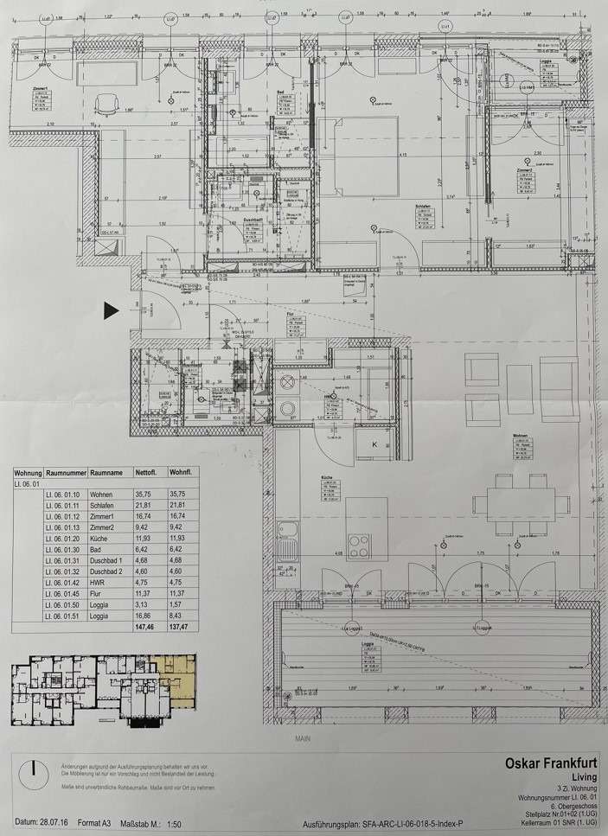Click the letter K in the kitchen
(374, 444)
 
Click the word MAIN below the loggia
(302, 737)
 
